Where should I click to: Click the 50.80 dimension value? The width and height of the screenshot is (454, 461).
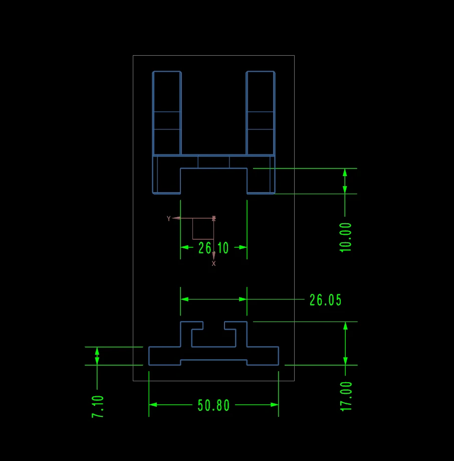tap(213, 405)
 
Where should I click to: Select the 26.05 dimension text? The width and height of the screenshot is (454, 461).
tap(325, 300)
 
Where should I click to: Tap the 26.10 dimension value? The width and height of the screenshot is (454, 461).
tap(213, 248)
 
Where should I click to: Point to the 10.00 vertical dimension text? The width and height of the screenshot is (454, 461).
tap(346, 237)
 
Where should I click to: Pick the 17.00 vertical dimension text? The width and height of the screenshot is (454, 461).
tap(346, 396)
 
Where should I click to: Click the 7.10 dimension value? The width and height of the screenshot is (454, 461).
tap(98, 407)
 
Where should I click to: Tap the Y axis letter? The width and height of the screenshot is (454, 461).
tap(169, 218)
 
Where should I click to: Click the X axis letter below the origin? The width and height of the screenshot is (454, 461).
tap(214, 263)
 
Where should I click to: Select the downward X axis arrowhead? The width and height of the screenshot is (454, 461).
tap(214, 255)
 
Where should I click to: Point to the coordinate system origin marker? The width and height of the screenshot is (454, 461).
tap(214, 218)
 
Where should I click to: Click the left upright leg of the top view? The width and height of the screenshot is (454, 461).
tap(166, 113)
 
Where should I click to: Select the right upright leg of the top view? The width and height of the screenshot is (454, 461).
tap(261, 113)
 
